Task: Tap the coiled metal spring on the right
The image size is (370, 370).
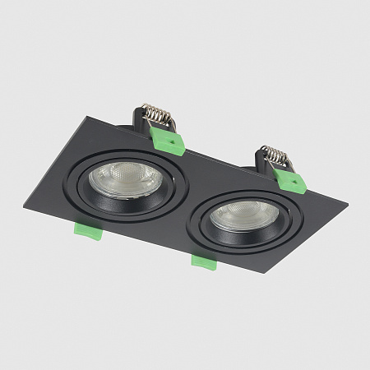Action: click(x=274, y=154)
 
